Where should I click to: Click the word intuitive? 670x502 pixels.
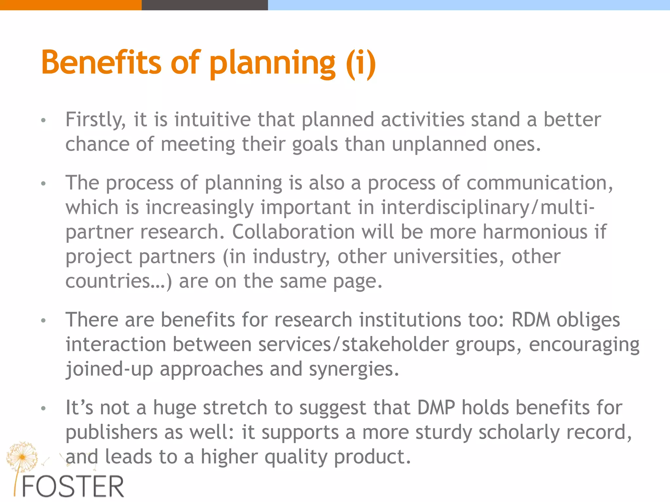(x=212, y=119)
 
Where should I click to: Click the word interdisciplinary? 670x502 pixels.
(x=456, y=207)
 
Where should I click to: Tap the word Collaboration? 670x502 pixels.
(x=293, y=232)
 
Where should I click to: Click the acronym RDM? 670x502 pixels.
(x=531, y=320)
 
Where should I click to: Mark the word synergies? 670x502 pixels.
(x=354, y=369)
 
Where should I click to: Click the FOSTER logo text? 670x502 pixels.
(x=73, y=487)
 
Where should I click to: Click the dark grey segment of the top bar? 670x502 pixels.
(x=204, y=5)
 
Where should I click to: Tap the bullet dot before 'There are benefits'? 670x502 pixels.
(x=43, y=321)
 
